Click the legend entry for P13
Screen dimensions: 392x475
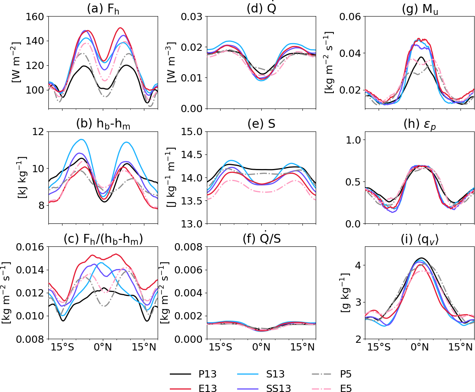pyautogui.click(x=208, y=374)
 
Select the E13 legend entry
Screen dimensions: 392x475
pyautogui.click(x=208, y=388)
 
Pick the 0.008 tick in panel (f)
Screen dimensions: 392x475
pyautogui.click(x=191, y=247)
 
